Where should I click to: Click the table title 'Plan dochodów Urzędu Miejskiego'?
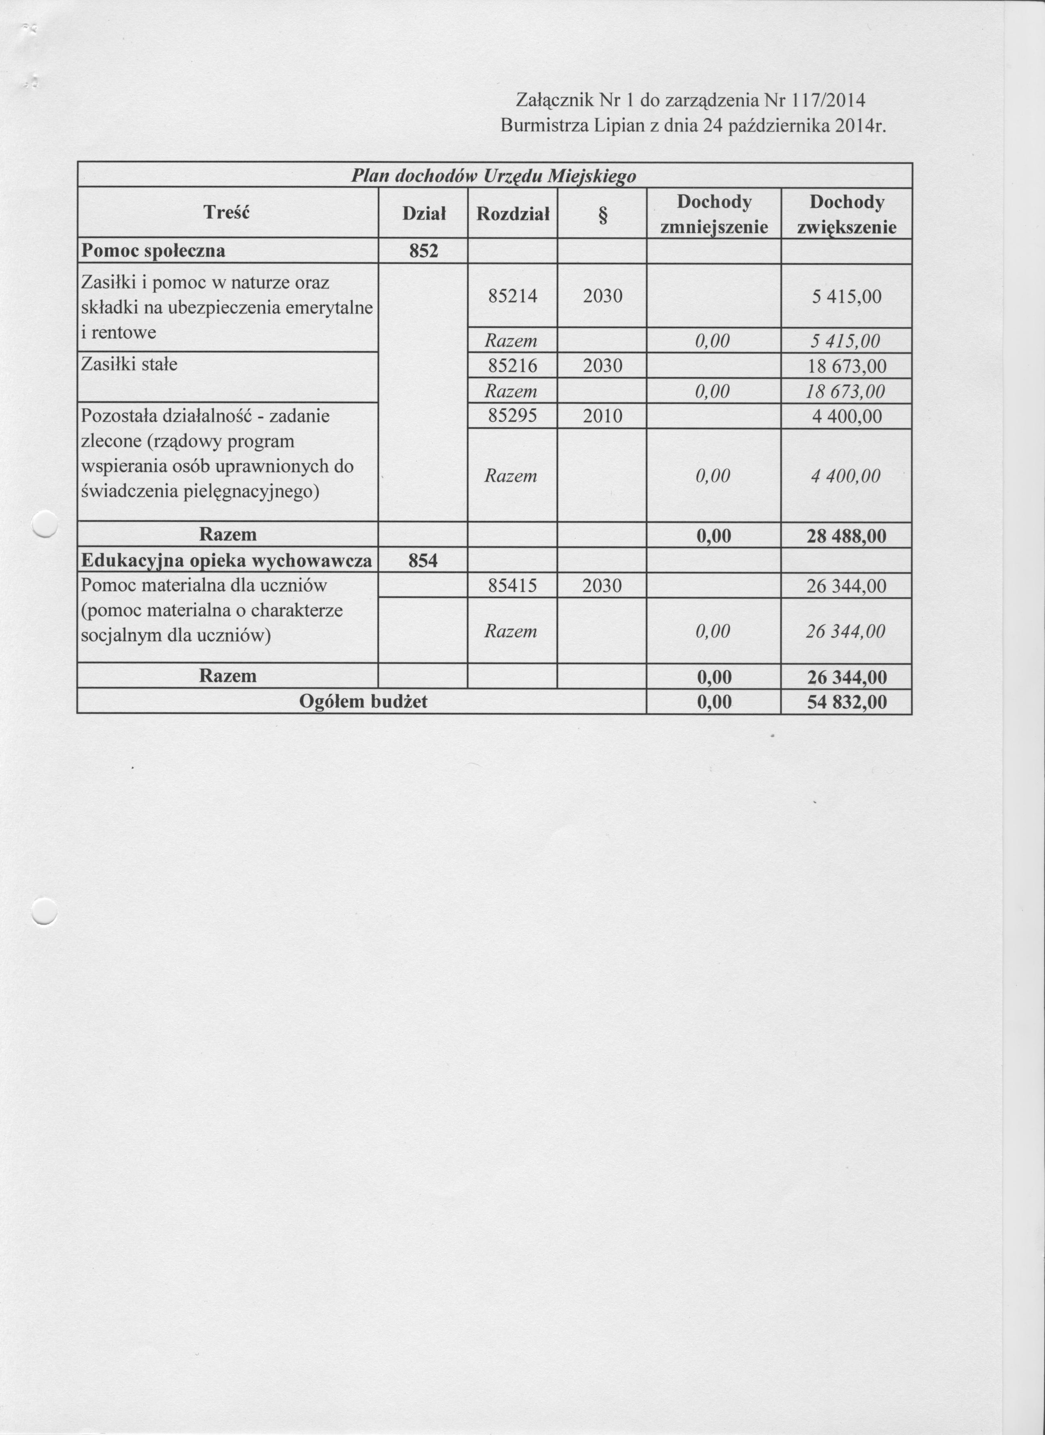pos(493,175)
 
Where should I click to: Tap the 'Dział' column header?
pos(424,214)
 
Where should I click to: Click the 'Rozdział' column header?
pos(512,214)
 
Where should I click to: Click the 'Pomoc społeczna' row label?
pos(153,251)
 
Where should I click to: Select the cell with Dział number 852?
pos(423,251)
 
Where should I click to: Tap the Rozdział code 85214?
pos(512,296)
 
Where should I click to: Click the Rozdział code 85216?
pos(512,366)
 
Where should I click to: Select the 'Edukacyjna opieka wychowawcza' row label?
pos(227,561)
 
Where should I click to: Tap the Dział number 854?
pos(423,561)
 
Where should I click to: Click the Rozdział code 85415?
pos(512,585)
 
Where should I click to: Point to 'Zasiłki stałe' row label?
pos(129,364)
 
